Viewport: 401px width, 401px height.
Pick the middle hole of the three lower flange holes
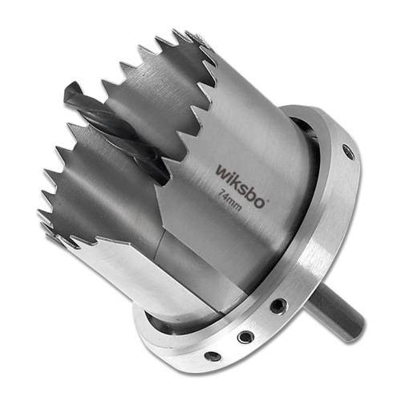(245, 337)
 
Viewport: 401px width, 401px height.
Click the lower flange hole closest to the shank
(277, 306)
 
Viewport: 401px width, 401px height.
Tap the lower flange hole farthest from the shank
(212, 357)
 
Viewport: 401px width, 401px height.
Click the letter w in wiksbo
(222, 171)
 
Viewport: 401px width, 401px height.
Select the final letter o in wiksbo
(259, 200)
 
